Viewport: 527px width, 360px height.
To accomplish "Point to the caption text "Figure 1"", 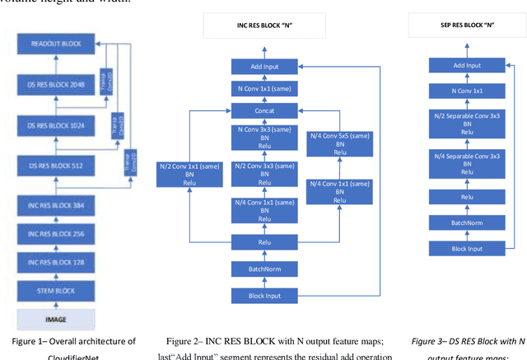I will [x=37, y=341].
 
